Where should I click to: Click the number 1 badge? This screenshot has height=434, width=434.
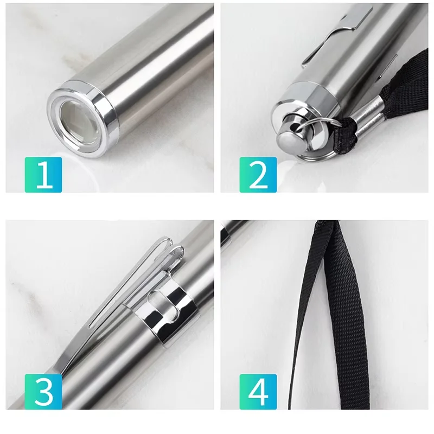43,175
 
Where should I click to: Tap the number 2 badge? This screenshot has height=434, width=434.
258,175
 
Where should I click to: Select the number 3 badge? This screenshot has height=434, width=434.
43,391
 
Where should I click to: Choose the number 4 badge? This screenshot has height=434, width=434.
258,391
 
